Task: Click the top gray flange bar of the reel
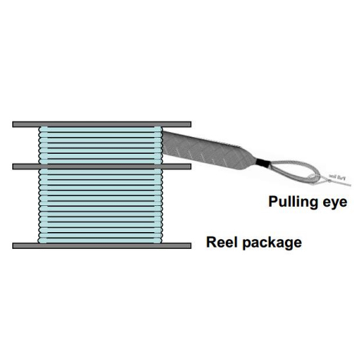101,124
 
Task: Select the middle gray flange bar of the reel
101,166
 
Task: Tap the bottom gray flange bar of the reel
101,245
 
